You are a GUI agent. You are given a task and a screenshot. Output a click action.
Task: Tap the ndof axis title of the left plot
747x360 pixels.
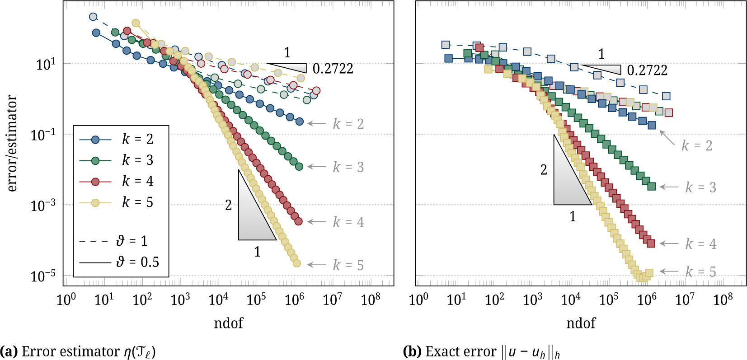[x=228, y=323]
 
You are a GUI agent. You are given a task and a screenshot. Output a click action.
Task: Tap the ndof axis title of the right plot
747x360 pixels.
[x=581, y=323]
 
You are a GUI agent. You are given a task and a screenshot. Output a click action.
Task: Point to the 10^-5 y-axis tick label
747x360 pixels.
[x=43, y=275]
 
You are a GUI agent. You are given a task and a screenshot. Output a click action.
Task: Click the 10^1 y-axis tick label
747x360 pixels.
[x=46, y=64]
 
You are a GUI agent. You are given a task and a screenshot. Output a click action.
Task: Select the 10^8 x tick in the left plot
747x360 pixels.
[x=370, y=299]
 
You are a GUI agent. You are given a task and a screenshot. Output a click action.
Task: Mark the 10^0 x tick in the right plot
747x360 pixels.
[x=418, y=299]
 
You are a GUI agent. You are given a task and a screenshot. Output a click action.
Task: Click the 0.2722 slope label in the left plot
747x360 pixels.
[x=333, y=69]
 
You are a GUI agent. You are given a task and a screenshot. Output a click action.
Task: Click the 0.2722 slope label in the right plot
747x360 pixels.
[x=647, y=70]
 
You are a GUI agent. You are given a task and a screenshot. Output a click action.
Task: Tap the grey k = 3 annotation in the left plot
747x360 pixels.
[x=348, y=167]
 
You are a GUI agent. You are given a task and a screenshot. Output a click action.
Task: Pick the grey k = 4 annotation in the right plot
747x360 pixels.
[x=700, y=244]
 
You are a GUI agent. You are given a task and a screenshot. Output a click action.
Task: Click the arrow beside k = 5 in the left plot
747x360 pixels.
[x=317, y=265]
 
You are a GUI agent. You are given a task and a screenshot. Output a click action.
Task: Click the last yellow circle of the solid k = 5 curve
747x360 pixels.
[x=296, y=263]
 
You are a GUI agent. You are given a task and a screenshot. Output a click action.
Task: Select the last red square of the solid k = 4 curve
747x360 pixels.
[x=651, y=243]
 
